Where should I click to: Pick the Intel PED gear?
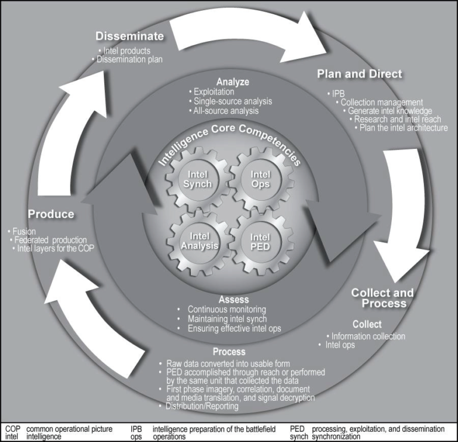tap(260, 240)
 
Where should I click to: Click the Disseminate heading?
tap(129, 36)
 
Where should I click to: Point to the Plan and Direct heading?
tap(359, 74)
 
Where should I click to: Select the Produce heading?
tap(51, 214)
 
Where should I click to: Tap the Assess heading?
tap(233, 299)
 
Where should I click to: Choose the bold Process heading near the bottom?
tap(229, 352)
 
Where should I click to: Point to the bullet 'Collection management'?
tap(382, 102)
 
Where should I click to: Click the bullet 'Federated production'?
tap(51, 239)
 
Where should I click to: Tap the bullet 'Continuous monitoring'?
tap(227, 310)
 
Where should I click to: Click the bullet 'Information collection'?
tap(369, 336)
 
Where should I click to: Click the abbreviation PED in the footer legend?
tap(296, 429)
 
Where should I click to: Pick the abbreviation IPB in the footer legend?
tap(137, 429)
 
